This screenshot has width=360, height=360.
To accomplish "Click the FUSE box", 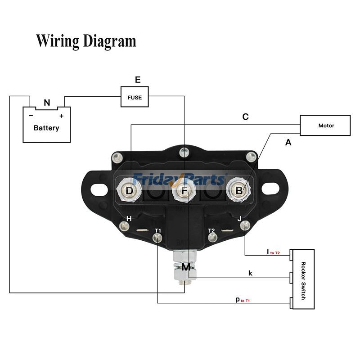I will [x=135, y=97].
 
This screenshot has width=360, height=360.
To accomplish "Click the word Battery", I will [x=46, y=128].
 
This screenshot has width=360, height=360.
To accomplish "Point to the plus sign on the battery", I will [x=61, y=116].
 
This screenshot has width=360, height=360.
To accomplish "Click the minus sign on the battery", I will [x=31, y=116].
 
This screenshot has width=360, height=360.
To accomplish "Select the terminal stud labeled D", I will [x=129, y=191].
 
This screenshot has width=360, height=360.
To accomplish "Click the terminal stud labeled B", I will [x=239, y=190].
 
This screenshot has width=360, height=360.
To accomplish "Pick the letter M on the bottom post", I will [x=186, y=267].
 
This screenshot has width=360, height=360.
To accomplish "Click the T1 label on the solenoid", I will [x=157, y=230].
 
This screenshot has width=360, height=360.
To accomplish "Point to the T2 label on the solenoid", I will [x=211, y=230].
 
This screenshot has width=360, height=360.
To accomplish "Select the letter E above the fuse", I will [x=138, y=80].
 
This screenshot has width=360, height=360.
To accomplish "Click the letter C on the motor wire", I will [x=245, y=117].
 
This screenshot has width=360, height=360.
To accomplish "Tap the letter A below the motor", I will [x=288, y=143].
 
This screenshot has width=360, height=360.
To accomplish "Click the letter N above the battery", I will [x=47, y=103].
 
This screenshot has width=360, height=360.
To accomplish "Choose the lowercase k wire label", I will [x=250, y=273].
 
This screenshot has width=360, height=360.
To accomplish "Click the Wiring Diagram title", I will [x=86, y=41].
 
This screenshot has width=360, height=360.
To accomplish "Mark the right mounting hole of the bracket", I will [x=270, y=189].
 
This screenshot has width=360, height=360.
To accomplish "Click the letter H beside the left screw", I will [x=129, y=219].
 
